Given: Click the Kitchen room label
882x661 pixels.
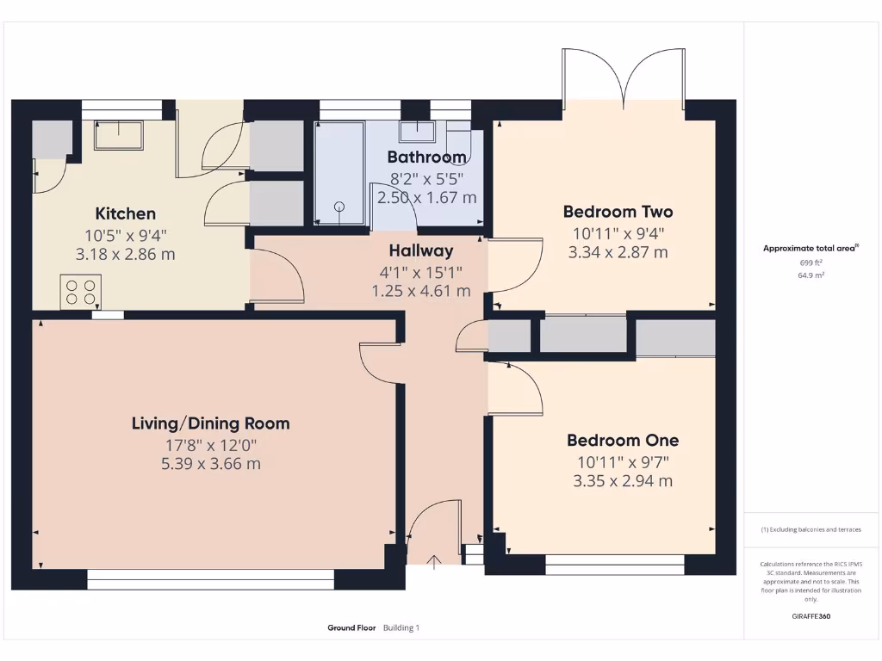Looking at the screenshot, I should (125, 213).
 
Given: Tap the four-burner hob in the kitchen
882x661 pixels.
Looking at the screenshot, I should (80, 291).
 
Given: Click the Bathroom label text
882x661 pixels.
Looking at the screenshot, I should (426, 157).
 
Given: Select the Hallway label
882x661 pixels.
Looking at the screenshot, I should (420, 251).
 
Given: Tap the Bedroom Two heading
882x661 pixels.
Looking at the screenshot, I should (618, 212).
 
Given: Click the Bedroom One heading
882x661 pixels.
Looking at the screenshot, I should (622, 441).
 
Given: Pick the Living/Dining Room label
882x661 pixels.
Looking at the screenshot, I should (210, 423).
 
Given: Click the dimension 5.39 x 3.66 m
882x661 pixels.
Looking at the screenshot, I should (210, 464).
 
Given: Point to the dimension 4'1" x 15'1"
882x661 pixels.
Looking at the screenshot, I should (420, 272).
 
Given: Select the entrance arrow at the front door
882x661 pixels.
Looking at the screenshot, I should (434, 562).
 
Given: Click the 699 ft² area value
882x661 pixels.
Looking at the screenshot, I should (811, 263).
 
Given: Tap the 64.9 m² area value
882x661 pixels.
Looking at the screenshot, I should (811, 275).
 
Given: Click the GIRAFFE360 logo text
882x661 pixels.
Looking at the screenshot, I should (811, 616).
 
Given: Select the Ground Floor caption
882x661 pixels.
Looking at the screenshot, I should (351, 628).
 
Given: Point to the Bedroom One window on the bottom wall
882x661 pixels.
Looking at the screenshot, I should (615, 565).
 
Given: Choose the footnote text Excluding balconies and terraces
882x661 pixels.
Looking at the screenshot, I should (811, 529).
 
